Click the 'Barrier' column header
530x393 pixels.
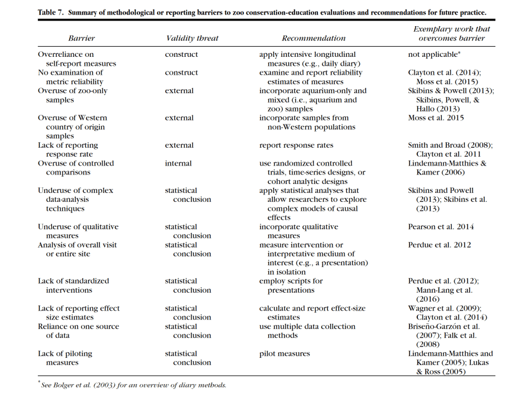81,38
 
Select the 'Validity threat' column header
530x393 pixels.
192,38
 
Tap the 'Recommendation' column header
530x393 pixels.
314,38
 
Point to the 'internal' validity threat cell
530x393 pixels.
178,163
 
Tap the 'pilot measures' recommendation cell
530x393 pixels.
285,353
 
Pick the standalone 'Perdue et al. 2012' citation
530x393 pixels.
440,245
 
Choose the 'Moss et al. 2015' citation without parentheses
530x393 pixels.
436,118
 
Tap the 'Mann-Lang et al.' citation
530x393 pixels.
444,290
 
